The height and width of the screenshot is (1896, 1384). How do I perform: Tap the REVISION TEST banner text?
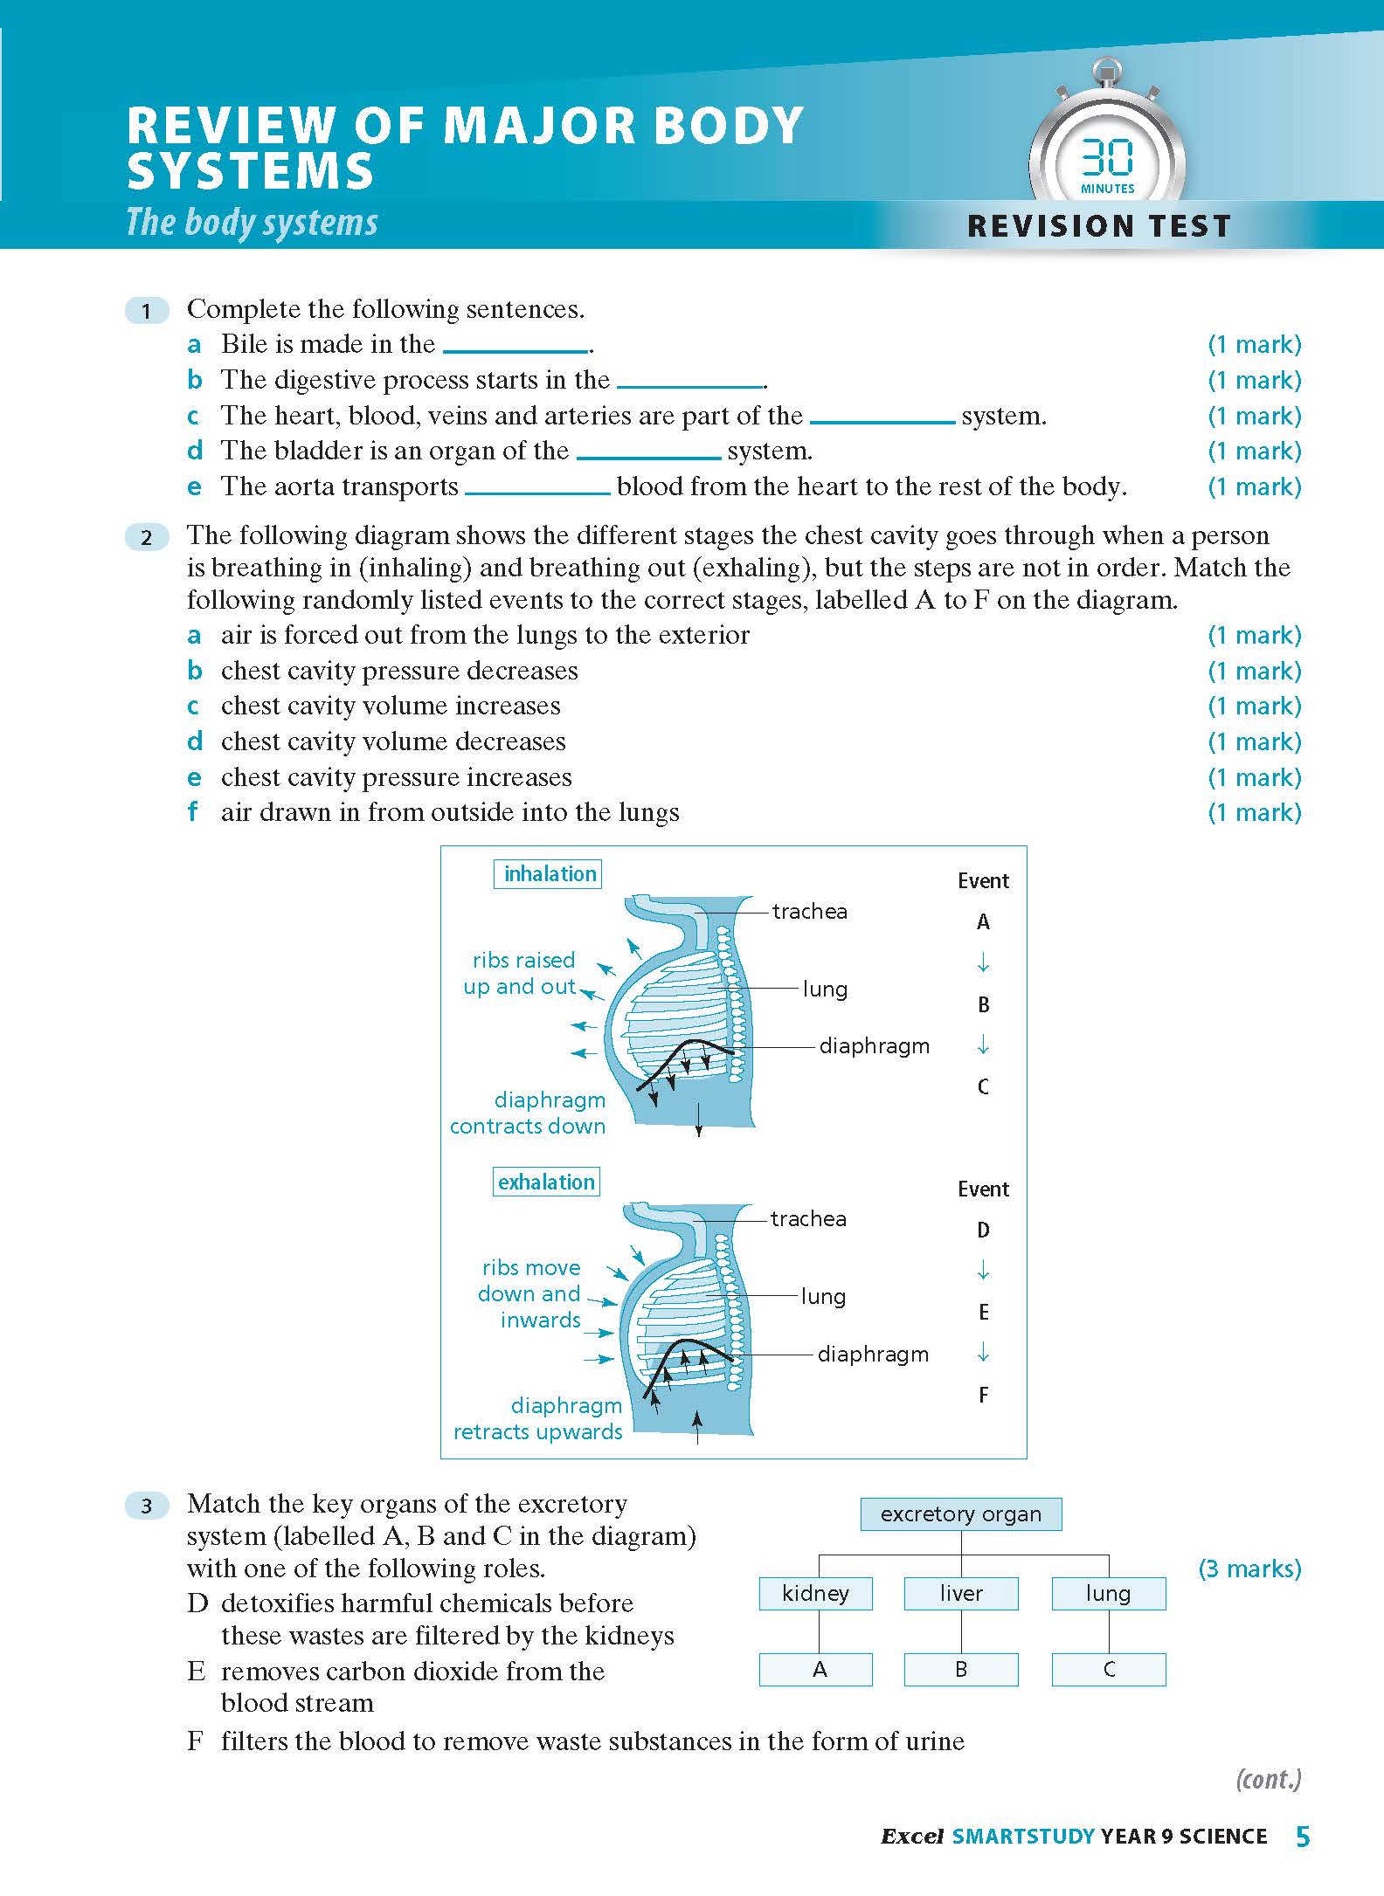click(x=1098, y=226)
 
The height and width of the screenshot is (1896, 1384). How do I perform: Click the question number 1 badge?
click(x=147, y=310)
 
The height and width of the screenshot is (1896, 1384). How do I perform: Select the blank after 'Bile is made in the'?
click(x=516, y=346)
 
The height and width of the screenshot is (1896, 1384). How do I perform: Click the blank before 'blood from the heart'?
click(x=537, y=488)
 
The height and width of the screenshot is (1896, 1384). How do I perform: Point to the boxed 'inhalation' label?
click(x=549, y=874)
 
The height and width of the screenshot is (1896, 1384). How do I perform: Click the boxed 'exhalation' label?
click(x=546, y=1182)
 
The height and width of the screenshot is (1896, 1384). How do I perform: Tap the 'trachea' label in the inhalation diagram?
click(x=809, y=911)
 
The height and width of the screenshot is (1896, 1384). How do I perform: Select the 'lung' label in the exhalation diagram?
click(x=823, y=1297)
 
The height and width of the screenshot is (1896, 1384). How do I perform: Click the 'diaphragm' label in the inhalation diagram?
click(x=874, y=1045)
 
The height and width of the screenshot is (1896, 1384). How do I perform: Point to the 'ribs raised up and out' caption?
click(x=522, y=973)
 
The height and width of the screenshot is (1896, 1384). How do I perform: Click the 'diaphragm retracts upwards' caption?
click(x=537, y=1418)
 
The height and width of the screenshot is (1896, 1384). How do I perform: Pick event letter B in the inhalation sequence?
click(x=983, y=1004)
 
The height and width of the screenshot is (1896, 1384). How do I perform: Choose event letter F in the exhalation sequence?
click(x=983, y=1395)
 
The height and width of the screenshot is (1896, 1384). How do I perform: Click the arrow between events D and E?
click(x=983, y=1271)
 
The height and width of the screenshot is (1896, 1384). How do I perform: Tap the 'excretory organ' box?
click(x=960, y=1514)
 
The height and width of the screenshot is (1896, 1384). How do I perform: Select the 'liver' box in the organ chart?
click(x=960, y=1594)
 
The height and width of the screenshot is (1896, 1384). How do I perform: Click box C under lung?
click(x=1108, y=1670)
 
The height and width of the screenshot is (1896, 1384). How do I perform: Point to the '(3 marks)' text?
click(x=1249, y=1569)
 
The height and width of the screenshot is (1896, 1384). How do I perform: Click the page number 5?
click(x=1303, y=1837)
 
